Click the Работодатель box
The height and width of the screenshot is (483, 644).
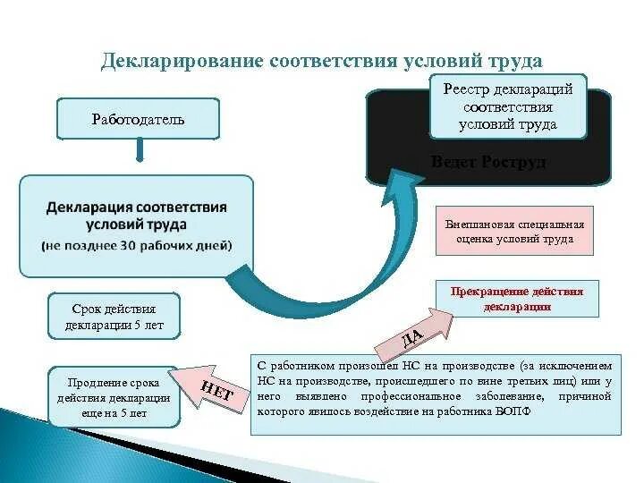138,119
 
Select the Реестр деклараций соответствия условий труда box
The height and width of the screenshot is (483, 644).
507,106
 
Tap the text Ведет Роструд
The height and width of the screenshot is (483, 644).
488,162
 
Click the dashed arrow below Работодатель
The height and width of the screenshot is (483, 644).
138,154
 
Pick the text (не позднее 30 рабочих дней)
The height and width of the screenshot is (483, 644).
136,245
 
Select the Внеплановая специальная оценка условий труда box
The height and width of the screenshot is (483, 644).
514,232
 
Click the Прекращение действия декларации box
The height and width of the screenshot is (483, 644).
517,299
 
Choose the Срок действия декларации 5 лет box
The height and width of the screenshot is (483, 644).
114,316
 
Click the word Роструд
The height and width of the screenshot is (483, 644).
514,162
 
